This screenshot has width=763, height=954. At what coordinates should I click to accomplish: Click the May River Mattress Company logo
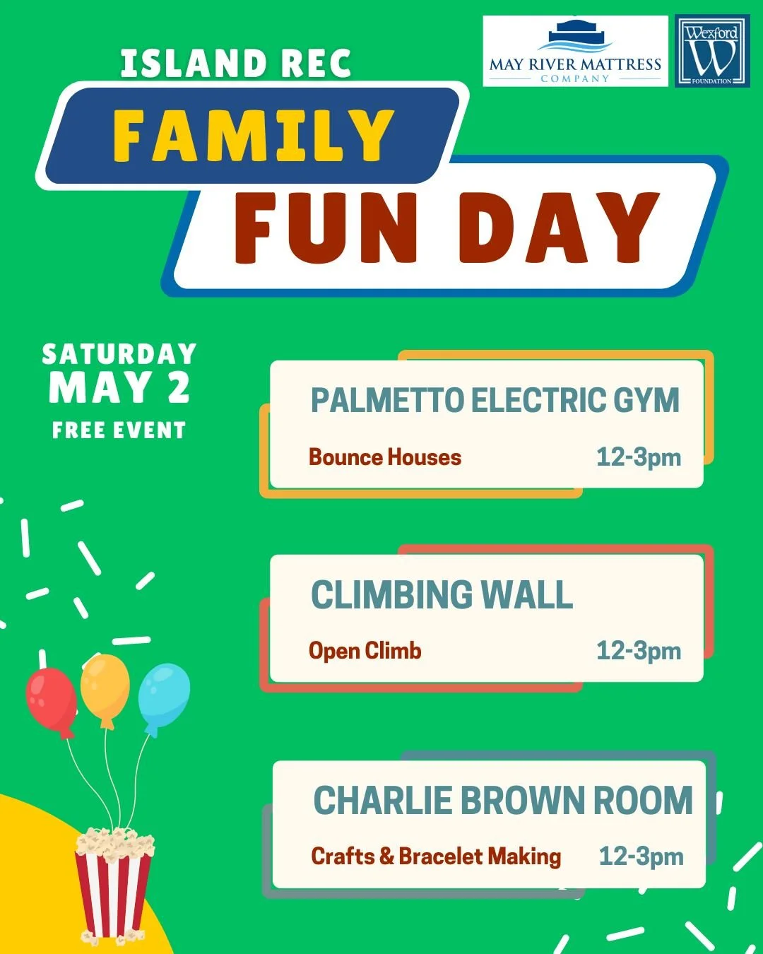click(x=575, y=52)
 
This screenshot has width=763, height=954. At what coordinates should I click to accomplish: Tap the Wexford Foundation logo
click(x=712, y=52)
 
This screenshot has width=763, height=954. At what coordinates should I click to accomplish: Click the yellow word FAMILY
click(x=253, y=136)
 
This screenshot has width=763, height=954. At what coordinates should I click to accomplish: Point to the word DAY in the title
click(x=559, y=228)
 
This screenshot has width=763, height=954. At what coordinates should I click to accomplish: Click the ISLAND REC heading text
click(x=235, y=64)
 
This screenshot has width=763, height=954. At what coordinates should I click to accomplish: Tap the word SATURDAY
click(x=119, y=354)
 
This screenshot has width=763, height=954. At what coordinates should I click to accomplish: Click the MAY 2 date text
click(x=119, y=388)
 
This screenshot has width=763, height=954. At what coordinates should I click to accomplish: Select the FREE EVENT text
click(x=119, y=430)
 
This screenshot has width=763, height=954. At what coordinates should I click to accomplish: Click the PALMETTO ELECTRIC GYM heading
click(x=495, y=401)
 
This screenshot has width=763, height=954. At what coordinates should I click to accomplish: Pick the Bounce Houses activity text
click(x=384, y=457)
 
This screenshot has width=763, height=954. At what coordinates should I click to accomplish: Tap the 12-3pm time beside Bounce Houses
click(x=638, y=457)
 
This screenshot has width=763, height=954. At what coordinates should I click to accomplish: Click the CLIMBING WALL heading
click(x=442, y=595)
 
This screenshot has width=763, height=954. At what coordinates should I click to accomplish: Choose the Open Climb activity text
click(x=365, y=651)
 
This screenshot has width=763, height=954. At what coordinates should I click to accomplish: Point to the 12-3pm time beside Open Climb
click(x=638, y=651)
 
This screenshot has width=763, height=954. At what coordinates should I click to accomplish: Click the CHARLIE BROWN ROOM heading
click(x=502, y=801)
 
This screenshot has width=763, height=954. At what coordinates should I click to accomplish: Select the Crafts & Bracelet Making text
click(x=435, y=856)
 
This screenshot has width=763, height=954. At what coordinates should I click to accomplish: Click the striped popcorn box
click(x=113, y=887)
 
